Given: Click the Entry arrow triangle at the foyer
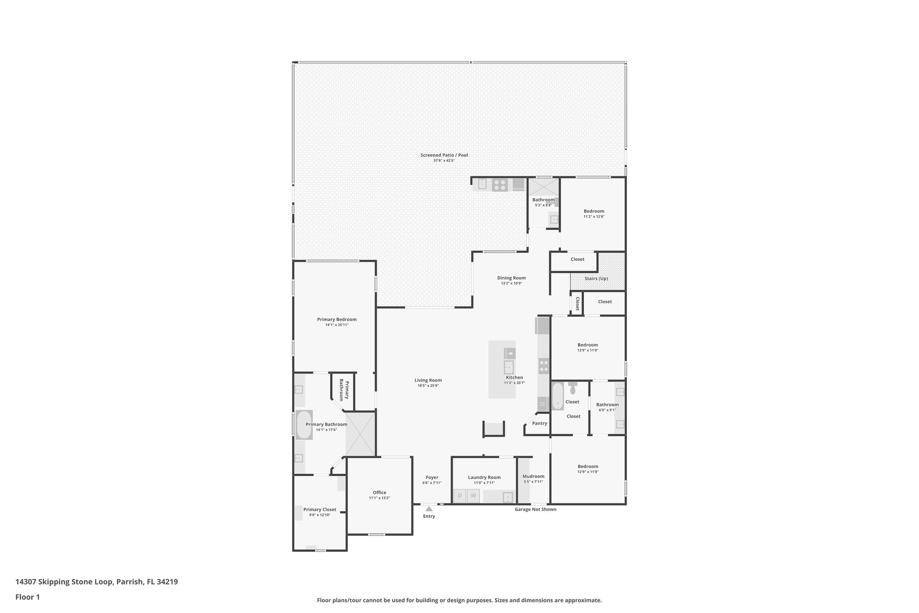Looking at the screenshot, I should click(429, 509).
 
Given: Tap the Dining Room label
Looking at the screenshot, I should click(511, 278).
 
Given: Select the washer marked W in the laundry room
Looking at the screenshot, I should click(473, 496).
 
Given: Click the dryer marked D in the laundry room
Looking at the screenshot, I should click(459, 496).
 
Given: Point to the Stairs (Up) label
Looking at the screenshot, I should click(596, 278).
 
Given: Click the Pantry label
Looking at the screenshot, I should click(539, 423).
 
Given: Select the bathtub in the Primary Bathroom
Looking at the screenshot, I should click(304, 425).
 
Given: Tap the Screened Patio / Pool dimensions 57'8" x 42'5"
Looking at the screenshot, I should click(444, 161).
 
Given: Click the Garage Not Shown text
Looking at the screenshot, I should click(535, 509).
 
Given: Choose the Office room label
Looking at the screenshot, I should click(379, 493).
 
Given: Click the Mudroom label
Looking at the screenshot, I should click(533, 476).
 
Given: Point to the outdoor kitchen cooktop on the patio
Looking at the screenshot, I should click(499, 185).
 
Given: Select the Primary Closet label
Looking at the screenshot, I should click(319, 510).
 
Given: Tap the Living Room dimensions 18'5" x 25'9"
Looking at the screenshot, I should click(428, 386).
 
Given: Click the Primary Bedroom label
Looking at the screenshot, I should click(337, 320).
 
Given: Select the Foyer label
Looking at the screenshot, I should click(432, 477).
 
